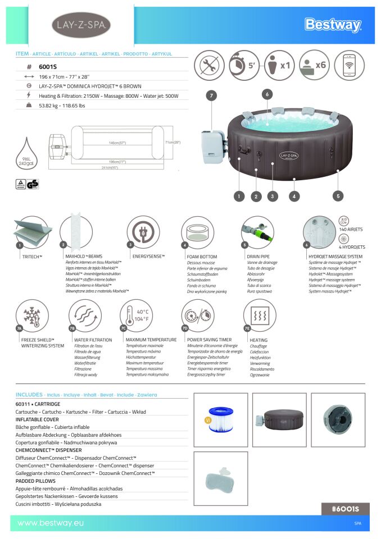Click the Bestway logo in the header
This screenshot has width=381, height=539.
[333, 25]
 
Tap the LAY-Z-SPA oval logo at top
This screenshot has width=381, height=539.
[81, 25]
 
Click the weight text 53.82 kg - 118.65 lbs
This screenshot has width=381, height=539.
[62, 105]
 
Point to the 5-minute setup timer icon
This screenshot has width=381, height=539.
[244, 65]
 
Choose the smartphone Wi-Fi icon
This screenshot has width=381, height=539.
[349, 65]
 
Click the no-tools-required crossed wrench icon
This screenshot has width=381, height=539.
[209, 65]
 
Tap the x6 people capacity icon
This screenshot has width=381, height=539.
[314, 65]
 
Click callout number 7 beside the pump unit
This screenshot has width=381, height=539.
[211, 95]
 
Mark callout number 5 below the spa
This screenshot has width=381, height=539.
[338, 196]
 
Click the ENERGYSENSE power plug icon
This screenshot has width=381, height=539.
[142, 232]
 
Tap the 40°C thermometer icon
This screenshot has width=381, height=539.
[137, 316]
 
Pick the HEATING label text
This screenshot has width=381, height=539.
[258, 340]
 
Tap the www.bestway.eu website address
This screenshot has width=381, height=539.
[51, 523]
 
